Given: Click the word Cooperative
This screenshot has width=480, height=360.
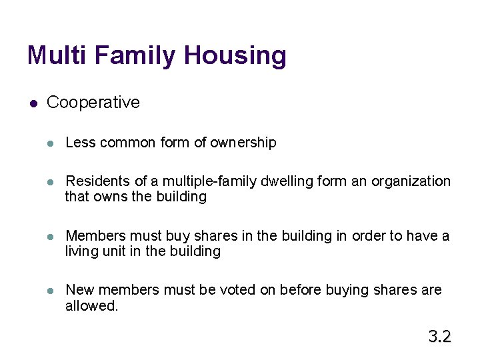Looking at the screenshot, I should point(93,103).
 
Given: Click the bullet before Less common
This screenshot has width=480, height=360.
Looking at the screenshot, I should point(51,143).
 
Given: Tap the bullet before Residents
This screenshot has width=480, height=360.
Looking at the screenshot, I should point(51,182).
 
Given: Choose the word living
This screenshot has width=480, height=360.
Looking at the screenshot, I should point(81,251).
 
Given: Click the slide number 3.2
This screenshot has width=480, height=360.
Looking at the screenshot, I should point(439,336).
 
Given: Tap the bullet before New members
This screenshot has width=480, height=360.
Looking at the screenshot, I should point(51,291).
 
